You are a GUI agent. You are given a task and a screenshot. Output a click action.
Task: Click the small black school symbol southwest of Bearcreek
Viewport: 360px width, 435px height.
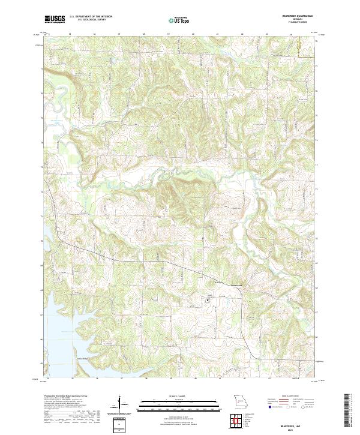(208, 298)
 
